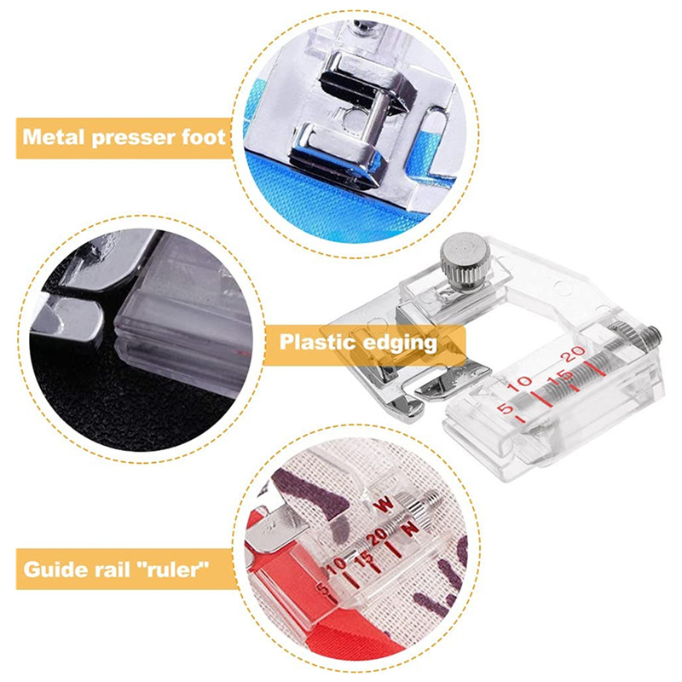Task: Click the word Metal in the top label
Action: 54,137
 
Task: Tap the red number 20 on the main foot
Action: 574,354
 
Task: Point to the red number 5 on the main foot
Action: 506,409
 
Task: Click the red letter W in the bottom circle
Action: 384,505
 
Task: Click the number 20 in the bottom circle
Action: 377,536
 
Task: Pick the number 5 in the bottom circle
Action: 322,589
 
